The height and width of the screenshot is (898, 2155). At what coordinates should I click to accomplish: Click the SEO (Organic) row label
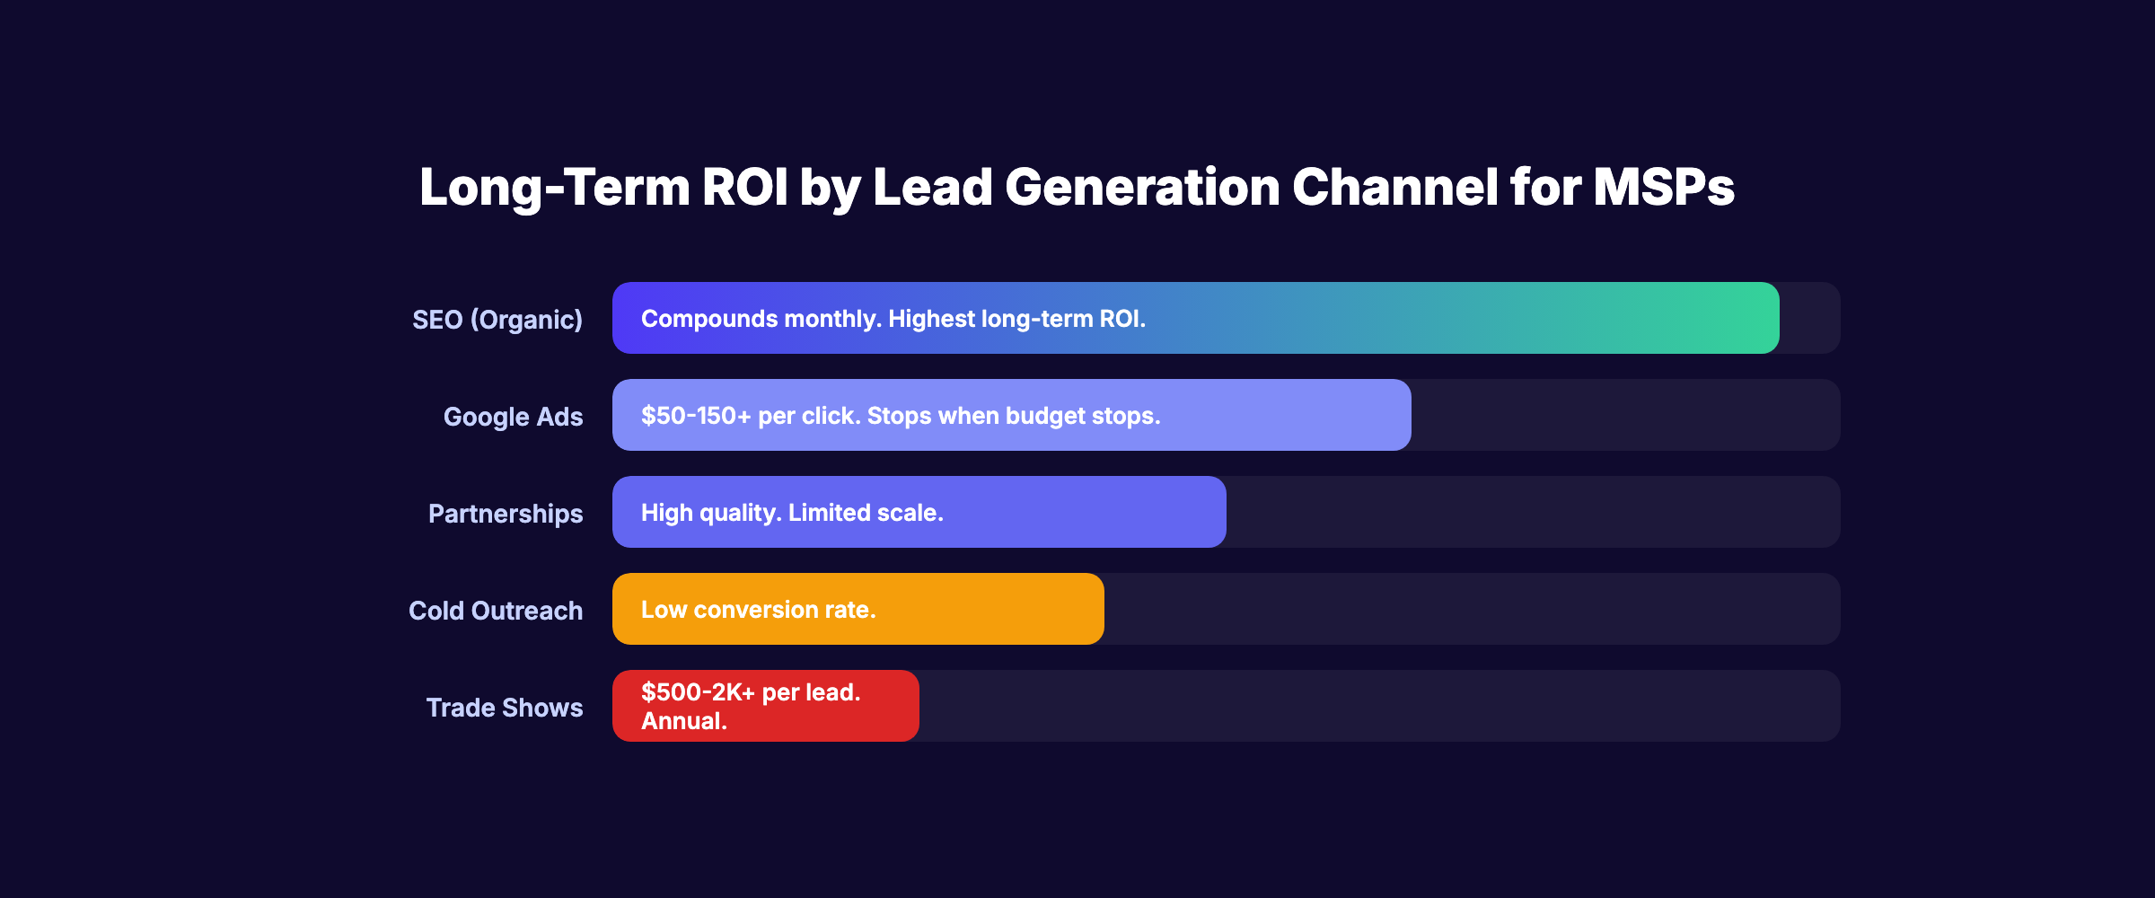[497, 320]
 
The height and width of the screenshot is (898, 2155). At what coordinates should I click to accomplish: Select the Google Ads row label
[513, 417]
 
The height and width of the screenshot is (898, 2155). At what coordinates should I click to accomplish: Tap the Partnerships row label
[506, 514]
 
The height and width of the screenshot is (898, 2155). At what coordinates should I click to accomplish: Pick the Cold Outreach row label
[496, 611]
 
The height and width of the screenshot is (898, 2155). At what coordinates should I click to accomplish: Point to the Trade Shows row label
[505, 708]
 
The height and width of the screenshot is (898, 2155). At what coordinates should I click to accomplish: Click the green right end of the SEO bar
[1742, 318]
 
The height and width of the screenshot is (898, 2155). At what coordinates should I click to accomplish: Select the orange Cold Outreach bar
[988, 609]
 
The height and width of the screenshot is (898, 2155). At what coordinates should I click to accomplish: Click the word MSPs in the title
[1663, 187]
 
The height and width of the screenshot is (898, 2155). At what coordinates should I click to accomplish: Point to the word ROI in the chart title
[744, 187]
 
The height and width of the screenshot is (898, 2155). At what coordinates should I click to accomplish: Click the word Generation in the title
[1142, 187]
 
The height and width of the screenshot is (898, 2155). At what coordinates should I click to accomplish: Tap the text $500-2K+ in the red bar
[698, 692]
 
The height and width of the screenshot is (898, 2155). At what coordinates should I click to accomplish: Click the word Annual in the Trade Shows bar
[682, 721]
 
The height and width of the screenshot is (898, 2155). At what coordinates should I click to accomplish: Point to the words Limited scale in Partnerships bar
[866, 513]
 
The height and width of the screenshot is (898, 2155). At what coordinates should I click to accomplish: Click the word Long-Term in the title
[555, 187]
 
